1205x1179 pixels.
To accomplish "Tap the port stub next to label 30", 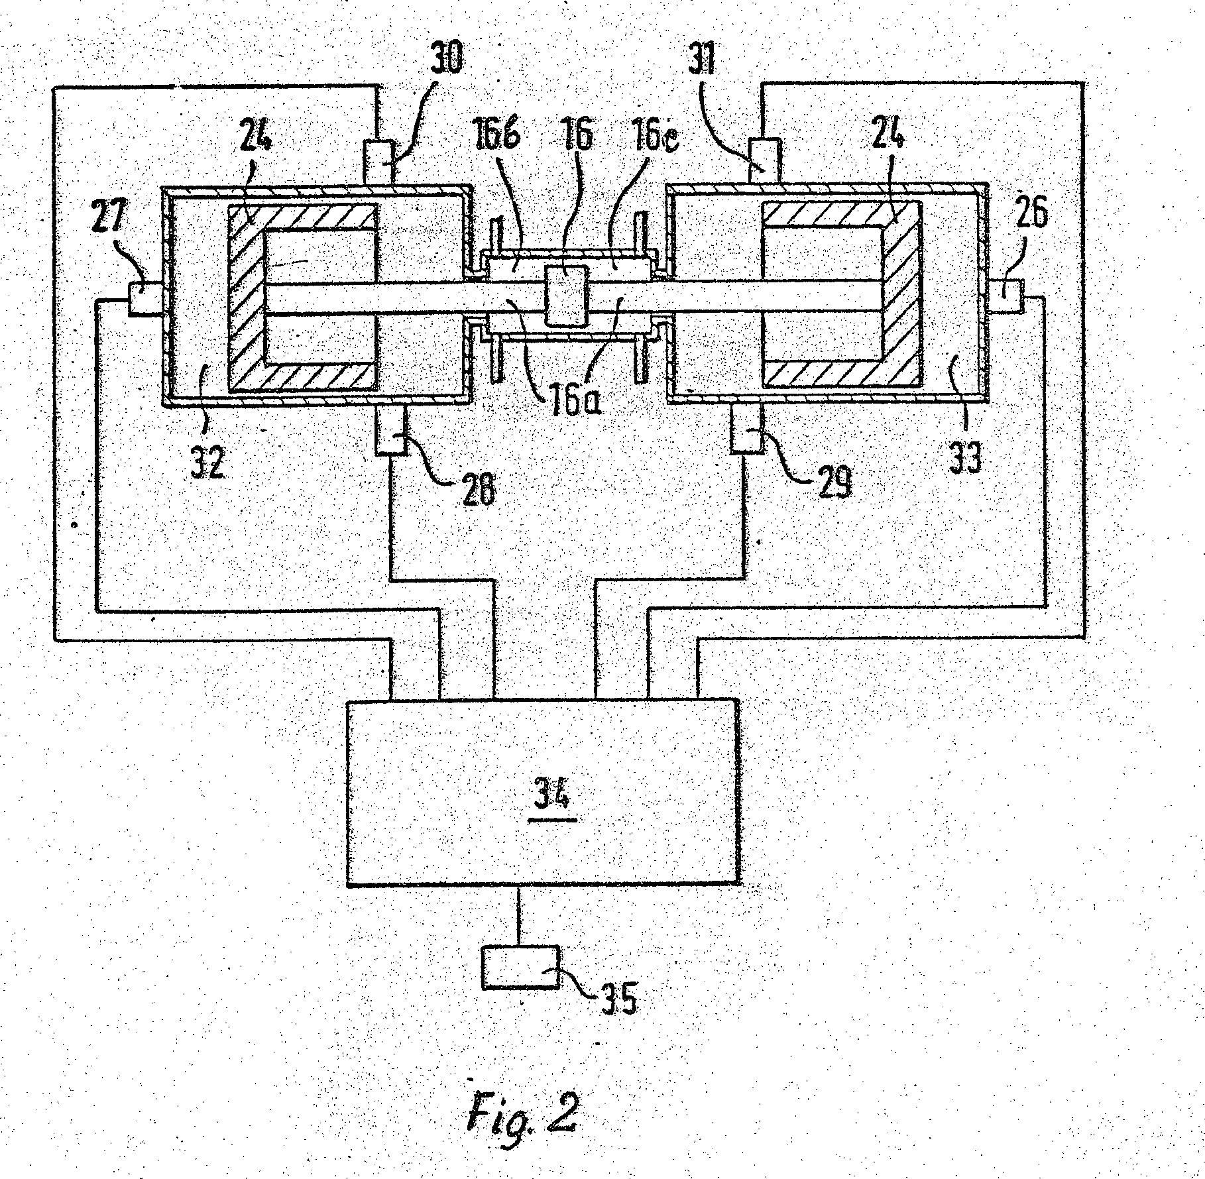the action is pos(378,162).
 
